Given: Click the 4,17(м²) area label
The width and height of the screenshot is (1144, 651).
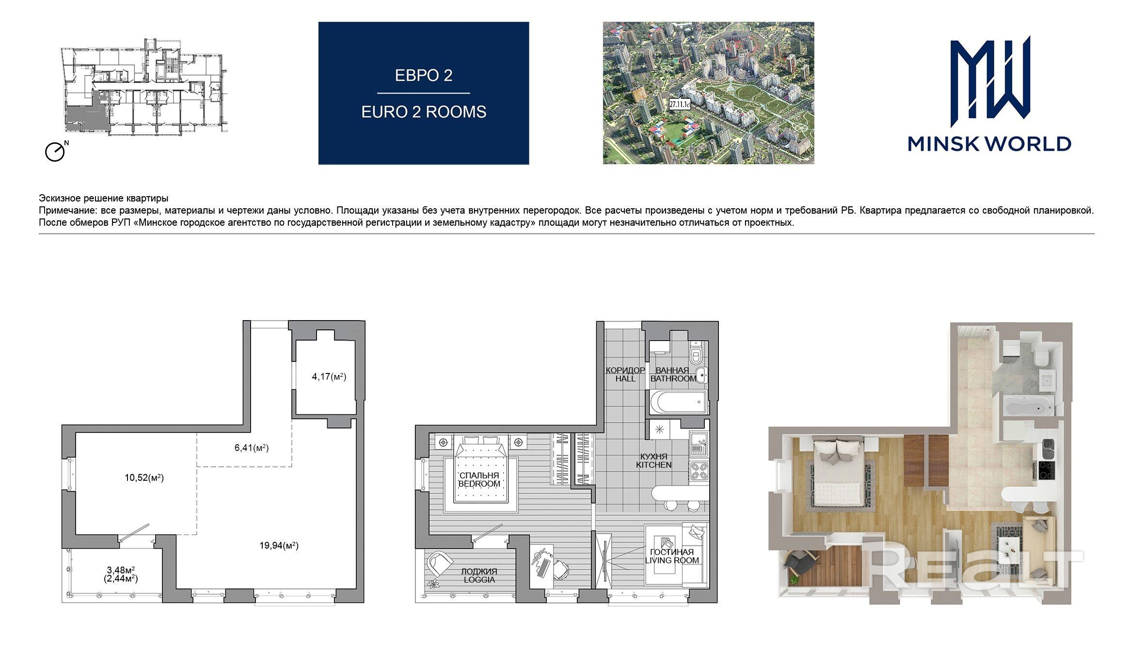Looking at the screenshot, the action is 329,376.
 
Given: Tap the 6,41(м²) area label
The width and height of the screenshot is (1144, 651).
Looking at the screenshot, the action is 252,448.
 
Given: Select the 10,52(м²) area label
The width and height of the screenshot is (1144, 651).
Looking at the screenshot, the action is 144,478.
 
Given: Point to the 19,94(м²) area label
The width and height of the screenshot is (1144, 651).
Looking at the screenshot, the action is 279,546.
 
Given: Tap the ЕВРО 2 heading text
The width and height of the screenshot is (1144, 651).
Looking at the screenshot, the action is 424,76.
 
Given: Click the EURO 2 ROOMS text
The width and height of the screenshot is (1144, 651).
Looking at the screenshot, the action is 424,112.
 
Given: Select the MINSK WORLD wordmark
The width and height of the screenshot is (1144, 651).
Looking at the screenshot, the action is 989,144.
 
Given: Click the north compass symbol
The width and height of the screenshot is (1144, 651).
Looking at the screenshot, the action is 56,151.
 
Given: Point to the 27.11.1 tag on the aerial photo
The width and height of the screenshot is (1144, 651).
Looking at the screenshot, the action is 680,104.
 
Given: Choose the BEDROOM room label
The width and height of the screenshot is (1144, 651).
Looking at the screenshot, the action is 479,483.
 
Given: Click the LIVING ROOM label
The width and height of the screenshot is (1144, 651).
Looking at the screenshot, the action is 672,560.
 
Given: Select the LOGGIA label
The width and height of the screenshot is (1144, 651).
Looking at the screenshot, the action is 479,580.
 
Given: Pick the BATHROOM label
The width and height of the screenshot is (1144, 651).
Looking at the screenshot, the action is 673,379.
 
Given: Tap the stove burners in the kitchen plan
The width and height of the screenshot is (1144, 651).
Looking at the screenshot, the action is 699,471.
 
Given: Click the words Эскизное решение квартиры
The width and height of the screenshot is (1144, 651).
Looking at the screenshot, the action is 104,199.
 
